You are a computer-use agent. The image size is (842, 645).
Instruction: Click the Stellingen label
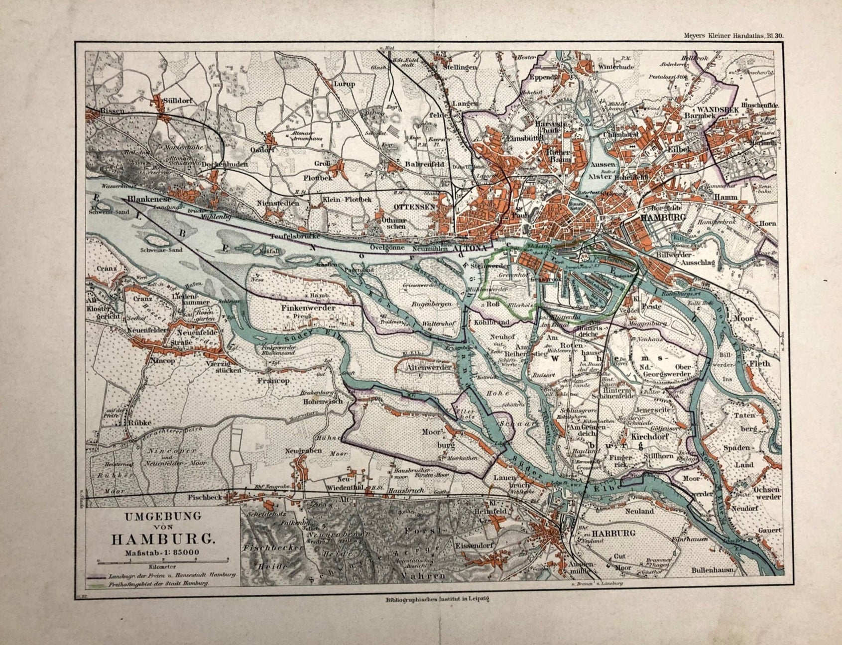[x=460, y=67]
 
